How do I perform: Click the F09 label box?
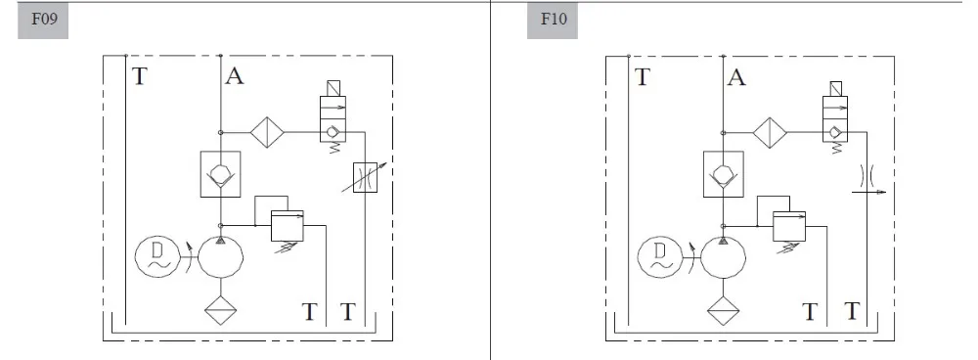43,19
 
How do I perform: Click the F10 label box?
552,19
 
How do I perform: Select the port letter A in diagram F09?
235,76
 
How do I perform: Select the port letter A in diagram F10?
737,76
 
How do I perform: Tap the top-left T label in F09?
140,76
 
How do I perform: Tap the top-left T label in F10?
643,76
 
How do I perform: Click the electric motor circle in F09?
155,257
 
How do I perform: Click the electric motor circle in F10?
657,257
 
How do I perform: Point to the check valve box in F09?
221,174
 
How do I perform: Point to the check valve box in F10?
724,174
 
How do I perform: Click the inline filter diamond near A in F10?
770,132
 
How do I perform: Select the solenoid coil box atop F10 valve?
835,92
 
